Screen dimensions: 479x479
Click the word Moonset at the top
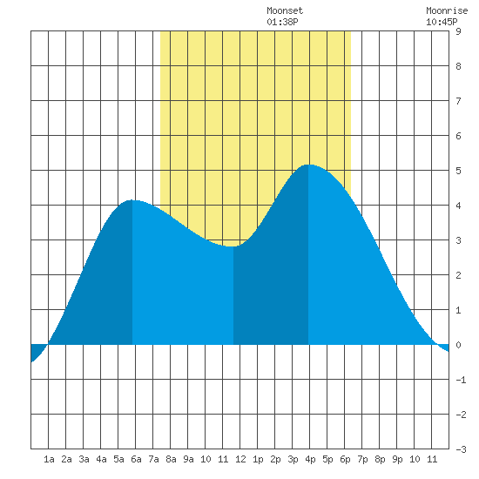point(285,10)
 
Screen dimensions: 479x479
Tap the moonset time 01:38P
point(282,22)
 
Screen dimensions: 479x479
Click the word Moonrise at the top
point(447,10)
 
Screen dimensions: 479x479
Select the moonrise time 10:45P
point(442,22)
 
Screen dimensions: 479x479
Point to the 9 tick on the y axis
point(458,31)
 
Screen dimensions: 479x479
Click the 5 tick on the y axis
point(458,171)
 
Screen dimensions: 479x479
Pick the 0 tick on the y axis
point(458,345)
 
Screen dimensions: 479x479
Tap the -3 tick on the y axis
point(461,449)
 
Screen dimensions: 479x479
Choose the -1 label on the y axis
point(461,380)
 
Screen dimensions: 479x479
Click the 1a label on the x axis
point(49,459)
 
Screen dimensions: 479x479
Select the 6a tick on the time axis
point(136,459)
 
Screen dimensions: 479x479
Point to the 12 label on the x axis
point(240,459)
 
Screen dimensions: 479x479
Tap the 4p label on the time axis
point(310,459)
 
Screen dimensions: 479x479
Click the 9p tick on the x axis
point(397,459)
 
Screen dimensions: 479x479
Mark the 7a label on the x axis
point(153,459)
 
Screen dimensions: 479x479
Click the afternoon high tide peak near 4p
point(308,165)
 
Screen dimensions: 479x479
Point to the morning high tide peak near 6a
point(132,200)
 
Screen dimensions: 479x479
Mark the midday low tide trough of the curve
point(233,246)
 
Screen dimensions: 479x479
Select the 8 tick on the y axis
point(458,66)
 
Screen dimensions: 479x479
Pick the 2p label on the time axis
point(275,459)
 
